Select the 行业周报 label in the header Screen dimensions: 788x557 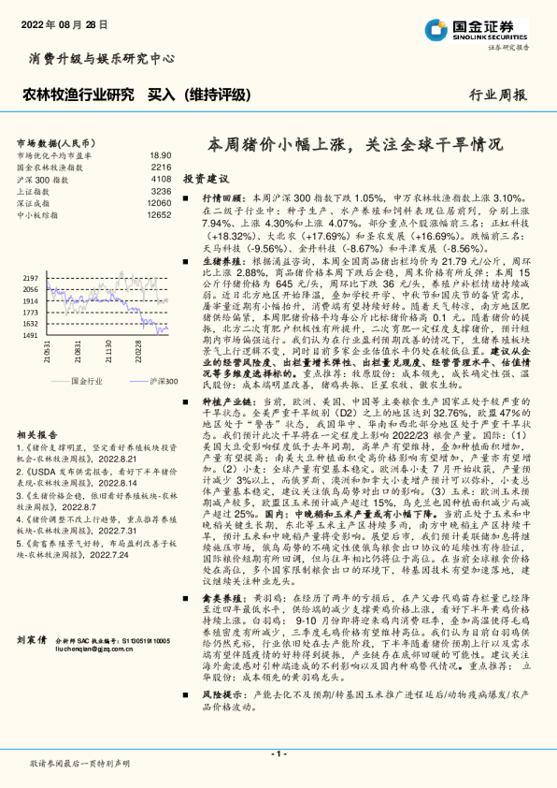pyautogui.click(x=497, y=95)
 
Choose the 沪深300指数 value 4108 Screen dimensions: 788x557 pyautogui.click(x=161, y=178)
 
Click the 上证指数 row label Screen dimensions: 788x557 pyautogui.click(x=36, y=190)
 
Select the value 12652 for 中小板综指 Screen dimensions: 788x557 pyautogui.click(x=159, y=214)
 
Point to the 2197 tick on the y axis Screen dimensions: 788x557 pyautogui.click(x=30, y=279)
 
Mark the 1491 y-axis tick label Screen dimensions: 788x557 pyautogui.click(x=30, y=335)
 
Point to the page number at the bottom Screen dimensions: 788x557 pyautogui.click(x=278, y=752)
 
